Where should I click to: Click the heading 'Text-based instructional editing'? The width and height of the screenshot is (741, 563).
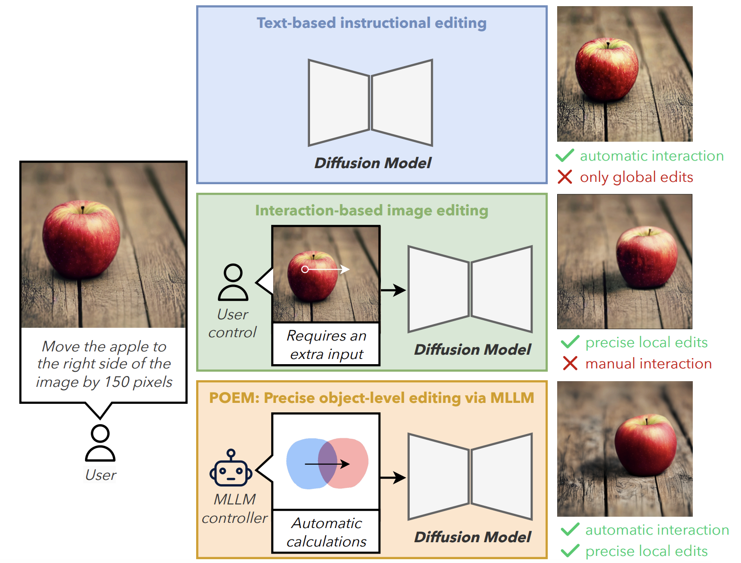click(x=371, y=23)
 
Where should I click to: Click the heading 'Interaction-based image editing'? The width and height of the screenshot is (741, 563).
click(x=371, y=211)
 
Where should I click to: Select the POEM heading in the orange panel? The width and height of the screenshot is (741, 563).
click(x=371, y=398)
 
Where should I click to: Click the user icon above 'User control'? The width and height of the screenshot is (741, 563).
click(x=233, y=282)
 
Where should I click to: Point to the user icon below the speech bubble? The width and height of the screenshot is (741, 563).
click(x=100, y=443)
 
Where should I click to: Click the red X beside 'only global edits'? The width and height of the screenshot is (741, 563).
click(x=565, y=177)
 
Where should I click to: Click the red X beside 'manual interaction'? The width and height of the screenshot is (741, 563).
click(x=570, y=364)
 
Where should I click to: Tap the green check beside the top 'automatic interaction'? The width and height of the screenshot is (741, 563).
click(x=565, y=155)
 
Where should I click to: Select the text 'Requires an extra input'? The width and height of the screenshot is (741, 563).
click(x=326, y=345)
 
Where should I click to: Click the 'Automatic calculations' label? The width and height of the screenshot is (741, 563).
click(x=326, y=532)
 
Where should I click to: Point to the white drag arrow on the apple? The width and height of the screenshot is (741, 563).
click(x=326, y=269)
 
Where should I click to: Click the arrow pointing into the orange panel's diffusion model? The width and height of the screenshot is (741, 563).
click(x=393, y=478)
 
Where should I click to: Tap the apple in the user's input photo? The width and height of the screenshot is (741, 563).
click(x=81, y=239)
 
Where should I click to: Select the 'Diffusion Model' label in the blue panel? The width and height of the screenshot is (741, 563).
click(x=373, y=163)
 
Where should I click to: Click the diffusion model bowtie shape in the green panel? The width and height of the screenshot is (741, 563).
click(x=470, y=289)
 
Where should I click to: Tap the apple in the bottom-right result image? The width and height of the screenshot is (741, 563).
click(x=645, y=446)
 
